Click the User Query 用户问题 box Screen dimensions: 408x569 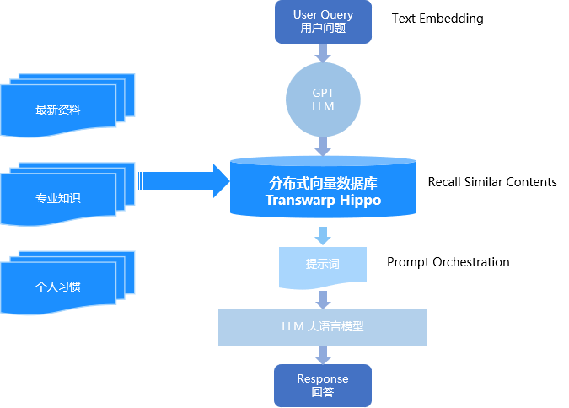[x=323, y=21]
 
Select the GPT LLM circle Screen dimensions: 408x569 [x=323, y=99]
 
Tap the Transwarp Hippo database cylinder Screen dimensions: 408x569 [x=323, y=189]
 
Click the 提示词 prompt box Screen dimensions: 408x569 [x=323, y=265]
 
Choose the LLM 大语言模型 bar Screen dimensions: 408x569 [x=323, y=326]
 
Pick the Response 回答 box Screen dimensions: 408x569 [x=323, y=385]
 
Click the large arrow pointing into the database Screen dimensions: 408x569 [x=185, y=180]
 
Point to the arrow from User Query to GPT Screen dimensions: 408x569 [x=323, y=52]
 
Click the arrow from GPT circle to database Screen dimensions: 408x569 [x=323, y=147]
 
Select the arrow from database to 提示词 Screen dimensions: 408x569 [x=323, y=235]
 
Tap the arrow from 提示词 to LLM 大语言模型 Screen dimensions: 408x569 [x=323, y=298]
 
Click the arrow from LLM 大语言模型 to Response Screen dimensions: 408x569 [x=323, y=355]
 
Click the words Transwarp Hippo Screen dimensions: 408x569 [x=323, y=201]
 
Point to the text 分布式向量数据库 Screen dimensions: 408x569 [x=323, y=182]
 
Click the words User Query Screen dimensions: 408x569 [x=323, y=14]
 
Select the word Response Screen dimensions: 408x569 [x=323, y=378]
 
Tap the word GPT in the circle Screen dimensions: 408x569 [x=323, y=93]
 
